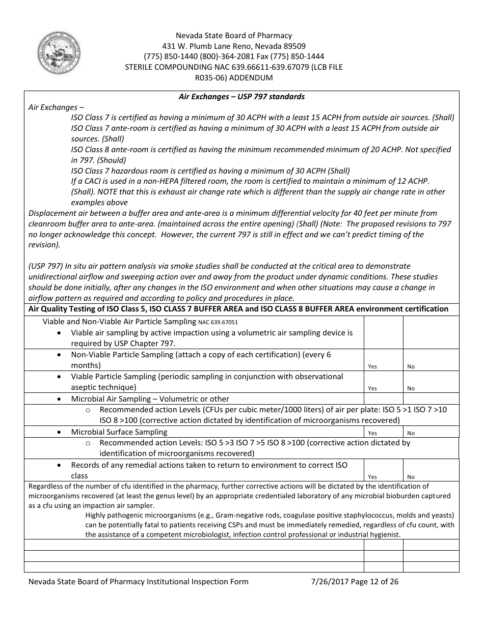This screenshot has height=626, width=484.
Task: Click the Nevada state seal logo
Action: click(58, 54)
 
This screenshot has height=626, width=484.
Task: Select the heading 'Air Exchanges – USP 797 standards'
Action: click(241, 97)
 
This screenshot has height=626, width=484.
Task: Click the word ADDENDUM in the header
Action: click(251, 78)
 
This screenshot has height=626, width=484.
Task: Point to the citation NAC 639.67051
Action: click(218, 322)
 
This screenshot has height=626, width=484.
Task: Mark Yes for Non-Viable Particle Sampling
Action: click(372, 366)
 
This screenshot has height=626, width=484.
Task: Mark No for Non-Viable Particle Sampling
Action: click(411, 366)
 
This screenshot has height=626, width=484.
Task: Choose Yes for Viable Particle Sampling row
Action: click(372, 388)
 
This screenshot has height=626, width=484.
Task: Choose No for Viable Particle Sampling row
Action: click(411, 388)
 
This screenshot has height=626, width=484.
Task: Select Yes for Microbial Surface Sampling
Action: click(372, 433)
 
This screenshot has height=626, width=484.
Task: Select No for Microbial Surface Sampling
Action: click(411, 433)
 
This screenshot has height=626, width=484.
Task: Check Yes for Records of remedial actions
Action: click(372, 477)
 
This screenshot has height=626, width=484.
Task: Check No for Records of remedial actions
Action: click(411, 477)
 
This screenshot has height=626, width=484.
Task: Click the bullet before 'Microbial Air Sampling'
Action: click(61, 399)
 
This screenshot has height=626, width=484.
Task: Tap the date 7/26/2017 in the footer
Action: click(328, 582)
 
